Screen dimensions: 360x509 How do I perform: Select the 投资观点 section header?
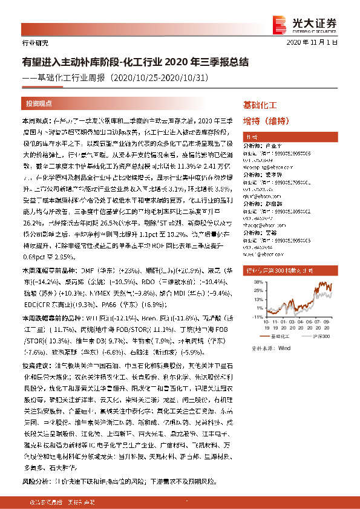[39, 103]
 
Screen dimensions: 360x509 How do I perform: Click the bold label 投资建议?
[34, 366]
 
